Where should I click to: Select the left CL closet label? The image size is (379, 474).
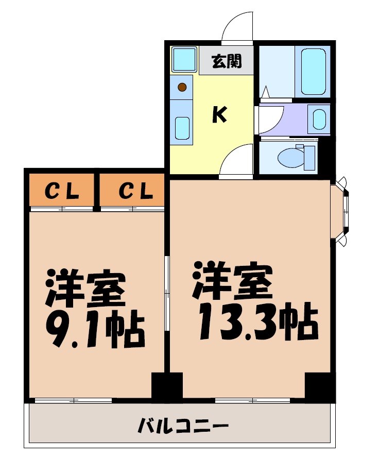(x=62, y=192)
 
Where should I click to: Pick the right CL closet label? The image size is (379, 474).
(x=135, y=192)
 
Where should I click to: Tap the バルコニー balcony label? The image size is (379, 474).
(x=183, y=427)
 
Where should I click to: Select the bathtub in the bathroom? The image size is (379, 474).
(x=314, y=72)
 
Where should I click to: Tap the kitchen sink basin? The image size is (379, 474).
(x=182, y=127)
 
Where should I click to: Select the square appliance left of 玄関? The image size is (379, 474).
(x=184, y=59)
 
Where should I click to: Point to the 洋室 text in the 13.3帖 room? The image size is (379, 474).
(x=232, y=281)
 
